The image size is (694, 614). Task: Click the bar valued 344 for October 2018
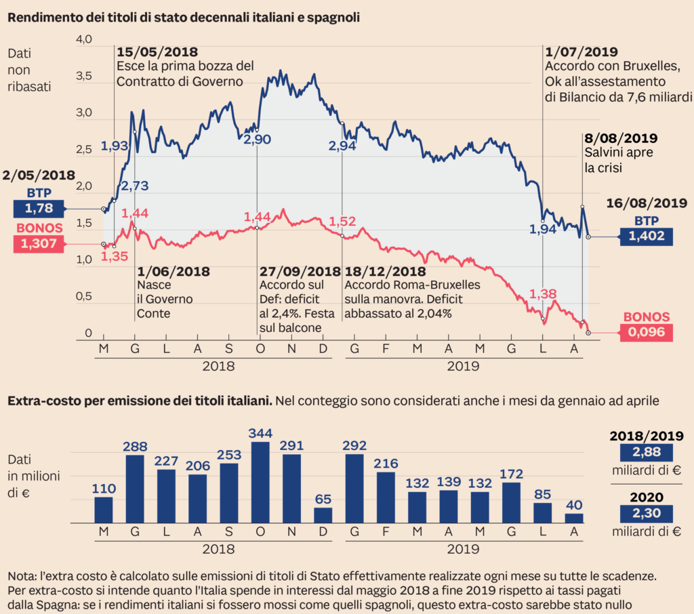pos(260,483)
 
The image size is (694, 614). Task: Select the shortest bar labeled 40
pos(574,518)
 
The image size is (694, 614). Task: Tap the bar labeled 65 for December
pos(323,515)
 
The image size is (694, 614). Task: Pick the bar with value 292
pos(354,489)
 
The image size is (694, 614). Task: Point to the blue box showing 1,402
pos(646,237)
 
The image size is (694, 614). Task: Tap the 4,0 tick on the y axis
pos(83,40)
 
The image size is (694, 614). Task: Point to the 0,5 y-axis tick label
pos(83,297)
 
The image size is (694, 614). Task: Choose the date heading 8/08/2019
pos(621,138)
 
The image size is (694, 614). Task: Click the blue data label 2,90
pos(257,140)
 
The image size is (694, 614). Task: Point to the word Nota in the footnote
pos(20,576)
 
